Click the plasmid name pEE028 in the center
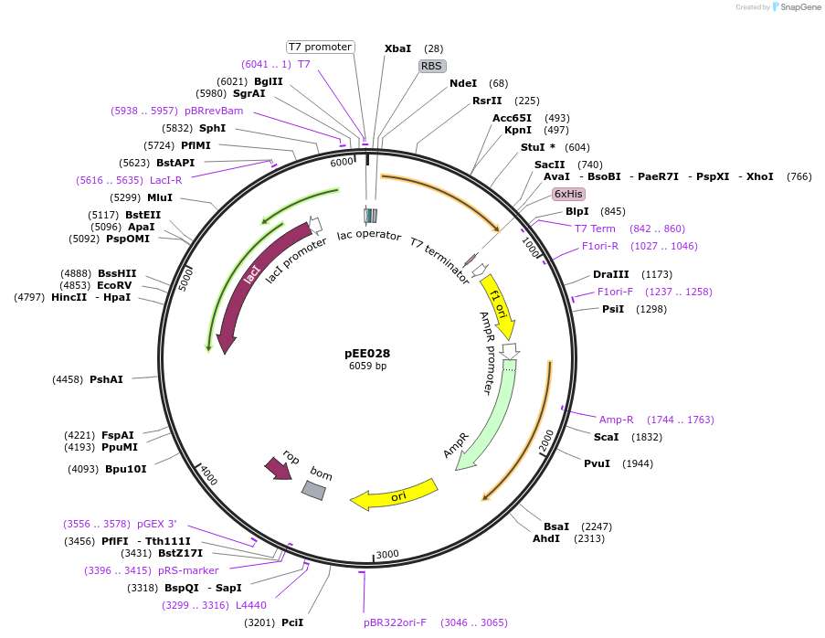(x=367, y=353)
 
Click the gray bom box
(x=313, y=490)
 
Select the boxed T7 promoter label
(x=320, y=47)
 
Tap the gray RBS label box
(x=431, y=66)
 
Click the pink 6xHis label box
(x=568, y=194)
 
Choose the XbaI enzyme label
(x=397, y=48)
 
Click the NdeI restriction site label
(x=463, y=84)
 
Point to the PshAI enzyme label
(x=106, y=379)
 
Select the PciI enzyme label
(x=292, y=622)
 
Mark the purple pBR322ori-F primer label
(x=395, y=622)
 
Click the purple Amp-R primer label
(x=616, y=420)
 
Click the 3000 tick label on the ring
(x=388, y=554)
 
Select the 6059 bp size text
(x=367, y=367)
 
